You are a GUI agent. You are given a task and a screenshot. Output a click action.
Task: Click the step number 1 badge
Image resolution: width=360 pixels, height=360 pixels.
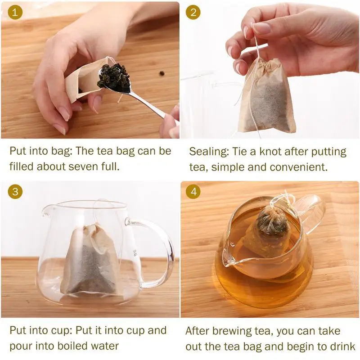click(x=15, y=12)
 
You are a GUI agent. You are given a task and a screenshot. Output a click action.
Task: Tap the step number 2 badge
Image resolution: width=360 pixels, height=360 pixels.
click(x=193, y=12)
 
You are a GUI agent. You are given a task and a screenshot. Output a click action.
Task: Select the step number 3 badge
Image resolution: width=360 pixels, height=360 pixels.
click(x=15, y=192)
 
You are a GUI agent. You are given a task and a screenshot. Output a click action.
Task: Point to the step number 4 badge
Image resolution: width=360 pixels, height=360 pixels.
click(x=193, y=192)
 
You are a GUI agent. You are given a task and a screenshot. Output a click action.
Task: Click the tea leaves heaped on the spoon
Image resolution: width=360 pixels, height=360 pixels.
click(x=114, y=76)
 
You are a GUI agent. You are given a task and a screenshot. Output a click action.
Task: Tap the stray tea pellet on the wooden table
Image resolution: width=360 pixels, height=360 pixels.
click(x=161, y=73)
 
